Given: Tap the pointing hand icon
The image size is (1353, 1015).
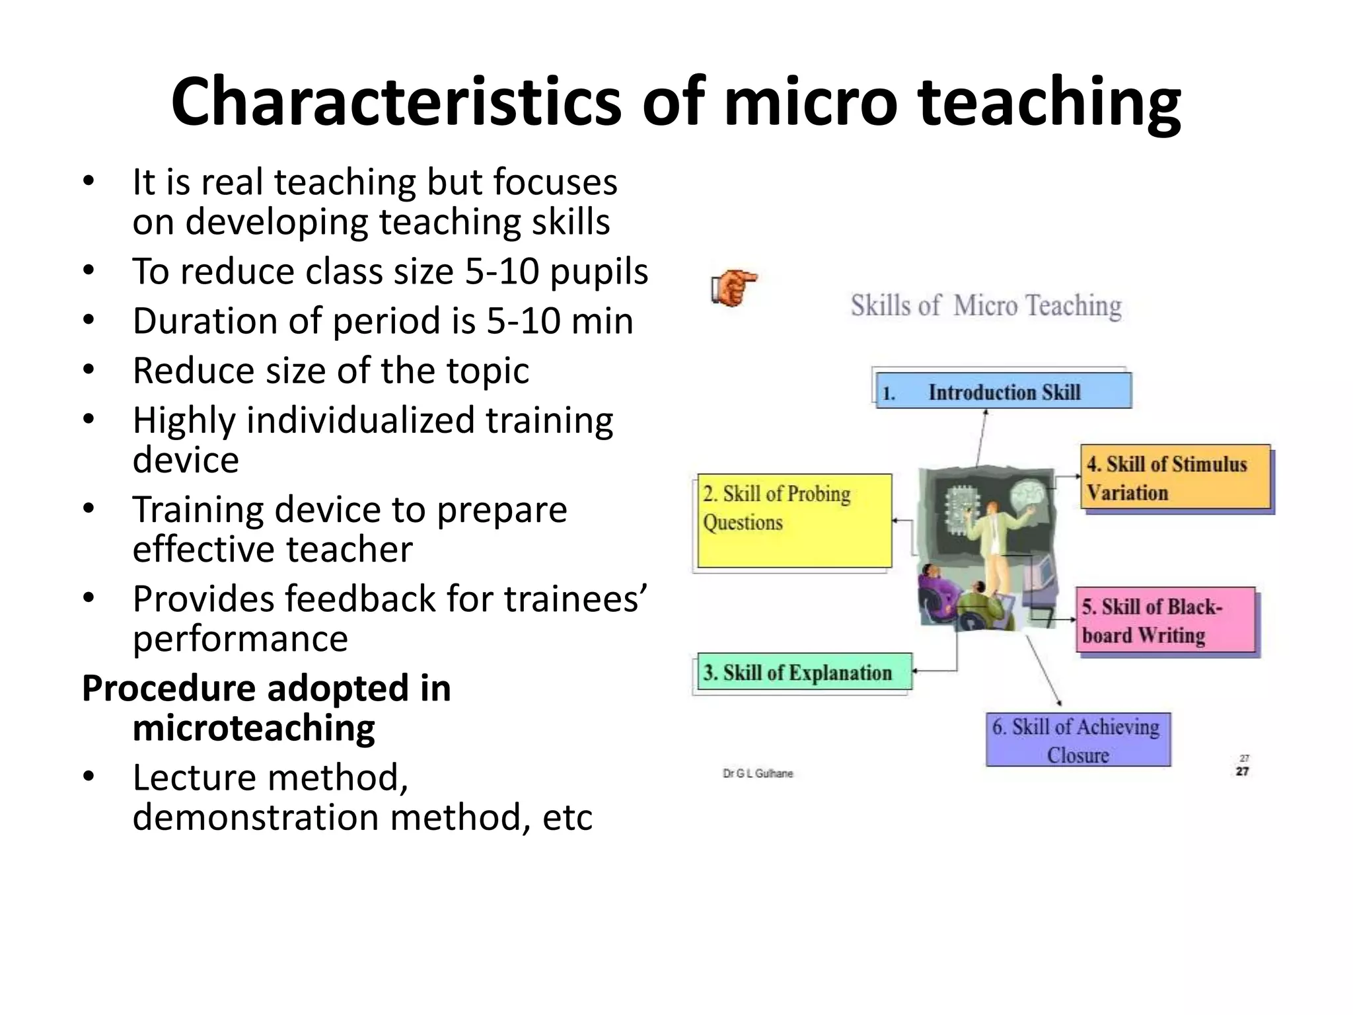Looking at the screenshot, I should (x=733, y=287).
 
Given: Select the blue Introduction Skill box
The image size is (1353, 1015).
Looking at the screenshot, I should (x=1003, y=391).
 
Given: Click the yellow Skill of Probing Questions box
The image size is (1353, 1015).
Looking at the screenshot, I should (x=794, y=521).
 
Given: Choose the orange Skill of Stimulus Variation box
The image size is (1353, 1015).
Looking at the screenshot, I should (x=1176, y=477).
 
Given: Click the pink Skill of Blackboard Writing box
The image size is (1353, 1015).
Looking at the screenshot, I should (x=1165, y=620).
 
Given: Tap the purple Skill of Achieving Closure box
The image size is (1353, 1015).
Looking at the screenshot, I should (x=1078, y=740).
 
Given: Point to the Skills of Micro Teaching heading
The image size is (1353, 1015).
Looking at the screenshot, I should (x=986, y=306).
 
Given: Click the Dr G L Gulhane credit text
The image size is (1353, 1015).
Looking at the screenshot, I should (x=758, y=773).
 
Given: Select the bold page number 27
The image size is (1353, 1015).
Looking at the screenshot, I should (x=1242, y=772).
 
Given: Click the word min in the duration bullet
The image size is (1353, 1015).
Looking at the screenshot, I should (x=602, y=321).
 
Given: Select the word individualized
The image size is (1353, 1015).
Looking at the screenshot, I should (x=360, y=421).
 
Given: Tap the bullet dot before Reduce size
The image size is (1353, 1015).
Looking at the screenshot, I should (x=89, y=369).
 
